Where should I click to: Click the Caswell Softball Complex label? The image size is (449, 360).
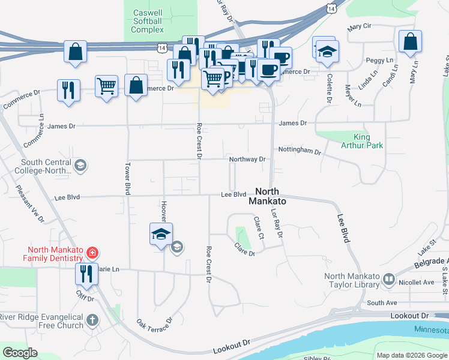click(x=148, y=21)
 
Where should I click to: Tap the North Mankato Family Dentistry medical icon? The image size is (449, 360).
click(x=91, y=253)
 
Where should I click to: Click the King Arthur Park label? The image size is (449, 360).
click(x=362, y=141)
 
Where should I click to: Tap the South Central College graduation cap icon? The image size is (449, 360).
click(x=79, y=165)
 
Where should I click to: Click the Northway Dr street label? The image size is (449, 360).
click(x=247, y=159)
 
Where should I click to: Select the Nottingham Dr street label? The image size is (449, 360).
click(x=299, y=152)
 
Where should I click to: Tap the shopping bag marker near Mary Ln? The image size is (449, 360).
click(x=410, y=42)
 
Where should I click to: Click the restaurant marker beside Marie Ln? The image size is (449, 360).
click(x=85, y=274)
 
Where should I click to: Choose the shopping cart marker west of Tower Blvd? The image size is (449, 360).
click(x=106, y=86)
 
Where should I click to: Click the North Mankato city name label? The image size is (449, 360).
click(x=267, y=197)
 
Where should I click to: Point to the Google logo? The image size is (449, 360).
click(x=20, y=353)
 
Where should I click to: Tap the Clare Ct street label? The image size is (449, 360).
click(x=258, y=228)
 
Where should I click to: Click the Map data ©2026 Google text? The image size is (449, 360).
click(x=411, y=355)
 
